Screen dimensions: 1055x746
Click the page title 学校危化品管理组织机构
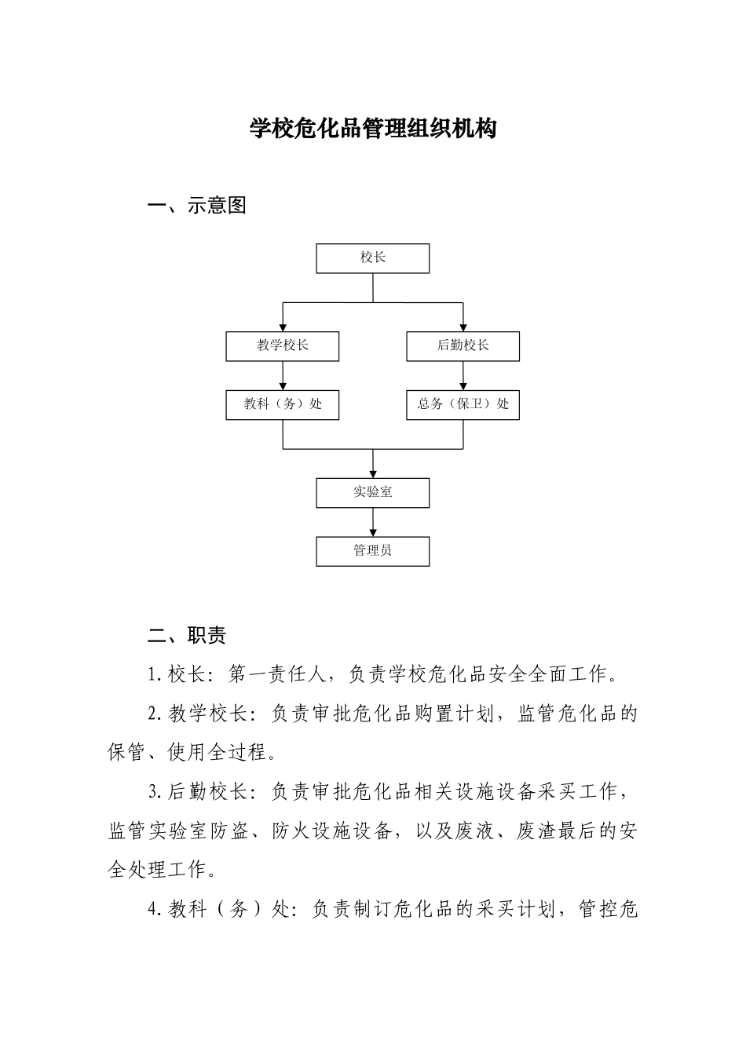(373, 128)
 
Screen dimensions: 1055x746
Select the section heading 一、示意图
(197, 206)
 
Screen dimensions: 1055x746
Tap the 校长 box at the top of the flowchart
(373, 258)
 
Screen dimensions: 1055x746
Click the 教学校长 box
(283, 346)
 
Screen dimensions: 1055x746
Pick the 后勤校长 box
(463, 346)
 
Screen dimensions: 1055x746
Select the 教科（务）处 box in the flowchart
(283, 405)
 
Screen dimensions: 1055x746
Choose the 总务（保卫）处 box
(463, 405)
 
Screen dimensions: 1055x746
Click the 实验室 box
(373, 493)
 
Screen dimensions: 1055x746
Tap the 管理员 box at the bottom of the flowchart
(373, 551)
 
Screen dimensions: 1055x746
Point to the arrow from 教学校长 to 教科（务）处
(283, 376)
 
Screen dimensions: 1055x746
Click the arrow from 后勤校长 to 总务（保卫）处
(463, 376)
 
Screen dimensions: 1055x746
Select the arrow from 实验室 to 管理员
(373, 522)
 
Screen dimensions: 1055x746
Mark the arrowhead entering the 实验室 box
(373, 473)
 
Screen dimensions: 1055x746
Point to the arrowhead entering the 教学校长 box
(283, 327)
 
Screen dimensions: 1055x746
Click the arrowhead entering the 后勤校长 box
(463, 327)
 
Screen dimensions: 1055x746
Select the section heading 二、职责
(187, 635)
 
